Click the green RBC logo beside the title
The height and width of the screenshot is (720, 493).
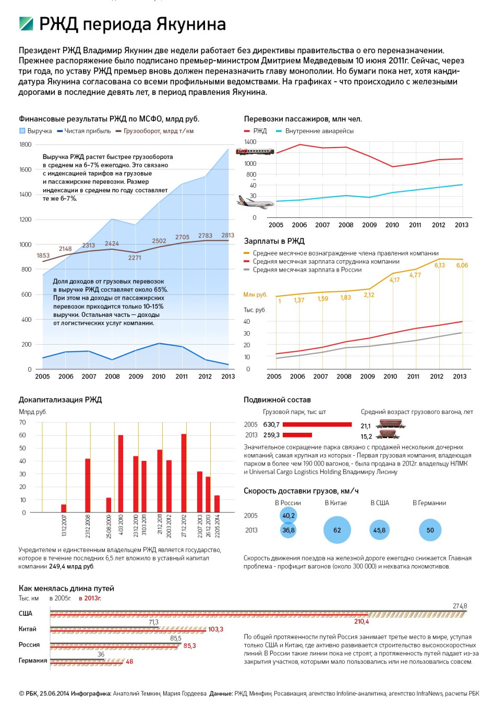(x=26, y=24)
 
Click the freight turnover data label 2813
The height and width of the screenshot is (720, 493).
(x=227, y=235)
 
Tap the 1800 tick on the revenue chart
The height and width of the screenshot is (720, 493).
(x=26, y=144)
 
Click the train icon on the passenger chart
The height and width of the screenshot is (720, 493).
(x=255, y=151)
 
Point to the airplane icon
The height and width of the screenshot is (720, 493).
(x=256, y=202)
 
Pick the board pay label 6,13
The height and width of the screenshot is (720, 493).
(x=439, y=265)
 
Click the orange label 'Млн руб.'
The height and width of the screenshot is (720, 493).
(x=255, y=295)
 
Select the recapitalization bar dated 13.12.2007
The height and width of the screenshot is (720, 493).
(x=64, y=508)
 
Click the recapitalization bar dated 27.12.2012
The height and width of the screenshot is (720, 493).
(x=184, y=473)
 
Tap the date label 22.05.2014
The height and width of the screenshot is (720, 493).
(x=218, y=526)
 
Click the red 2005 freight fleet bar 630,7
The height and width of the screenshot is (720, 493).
(x=317, y=424)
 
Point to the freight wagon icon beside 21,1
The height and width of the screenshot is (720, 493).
(x=391, y=424)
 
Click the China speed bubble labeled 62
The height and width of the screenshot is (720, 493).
(x=337, y=530)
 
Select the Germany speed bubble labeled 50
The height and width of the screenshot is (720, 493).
(x=430, y=530)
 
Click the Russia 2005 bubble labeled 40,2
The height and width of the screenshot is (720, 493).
(x=288, y=516)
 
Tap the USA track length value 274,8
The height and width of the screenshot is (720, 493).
(x=460, y=606)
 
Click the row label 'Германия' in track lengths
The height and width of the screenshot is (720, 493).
(x=33, y=660)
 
